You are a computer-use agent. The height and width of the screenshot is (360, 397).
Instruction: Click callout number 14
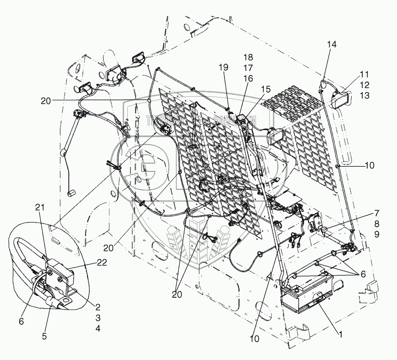point(332,44)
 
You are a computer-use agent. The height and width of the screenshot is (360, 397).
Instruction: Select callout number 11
point(364,74)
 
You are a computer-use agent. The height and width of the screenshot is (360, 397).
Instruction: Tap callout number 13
point(364,95)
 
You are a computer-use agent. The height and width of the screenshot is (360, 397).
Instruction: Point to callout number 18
point(248,57)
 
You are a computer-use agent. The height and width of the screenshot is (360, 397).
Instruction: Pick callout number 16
point(248,78)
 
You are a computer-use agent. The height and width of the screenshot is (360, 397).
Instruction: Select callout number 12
point(364,85)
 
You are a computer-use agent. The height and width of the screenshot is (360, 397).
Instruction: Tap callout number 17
point(248,68)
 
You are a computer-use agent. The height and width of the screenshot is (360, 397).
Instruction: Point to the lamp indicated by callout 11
point(341,99)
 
